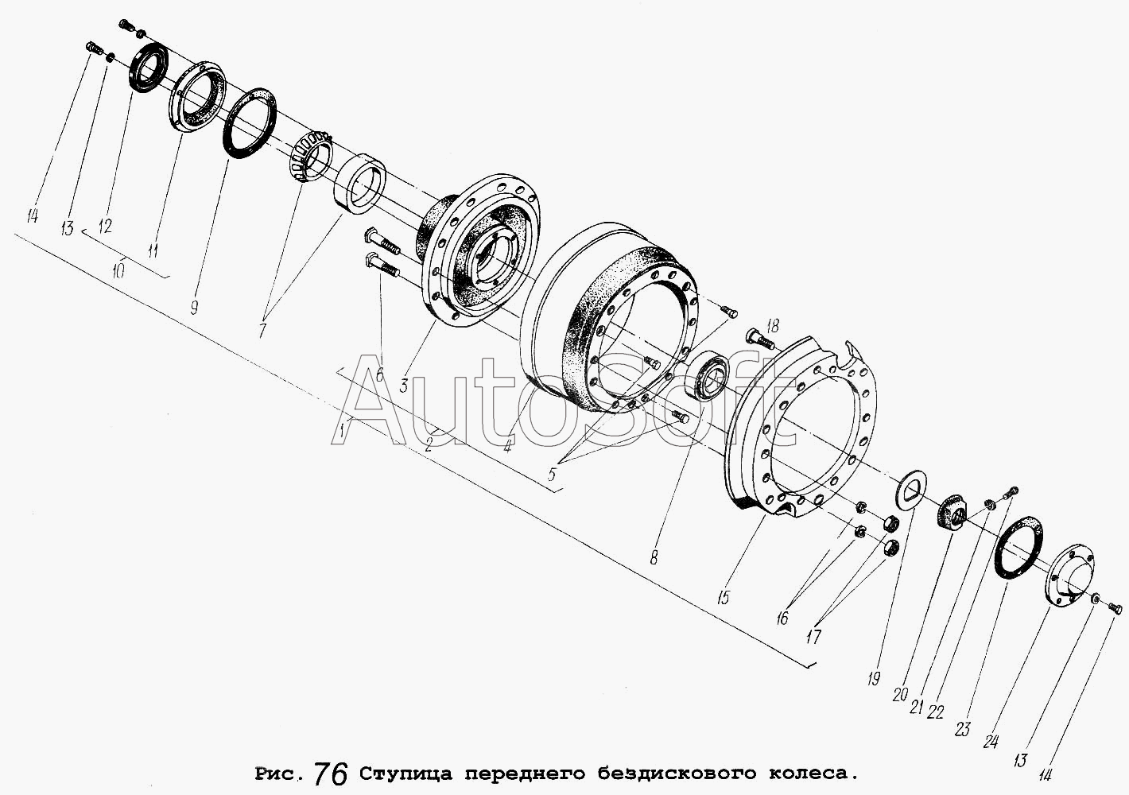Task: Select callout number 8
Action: click(x=654, y=557)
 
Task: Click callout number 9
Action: click(x=194, y=307)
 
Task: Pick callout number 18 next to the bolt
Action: click(x=773, y=326)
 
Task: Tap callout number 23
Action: click(x=963, y=729)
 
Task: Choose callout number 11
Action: click(x=152, y=250)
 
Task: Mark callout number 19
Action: click(x=874, y=678)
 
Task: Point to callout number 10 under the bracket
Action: click(x=118, y=271)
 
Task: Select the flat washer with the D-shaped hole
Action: click(x=912, y=489)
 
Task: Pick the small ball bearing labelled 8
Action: click(x=708, y=378)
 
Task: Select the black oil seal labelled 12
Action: click(x=149, y=68)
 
